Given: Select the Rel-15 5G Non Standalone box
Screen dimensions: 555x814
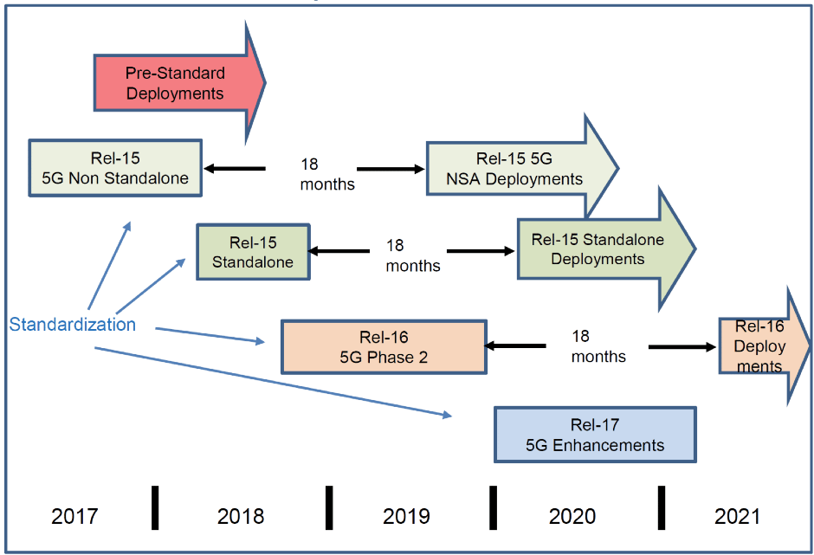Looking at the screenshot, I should tap(115, 169).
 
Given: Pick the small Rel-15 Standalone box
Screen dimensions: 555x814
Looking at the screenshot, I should tap(253, 251).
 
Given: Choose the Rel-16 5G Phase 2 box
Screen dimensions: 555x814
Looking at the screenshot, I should tap(383, 346).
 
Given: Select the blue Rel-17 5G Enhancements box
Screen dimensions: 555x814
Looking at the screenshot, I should tap(595, 435).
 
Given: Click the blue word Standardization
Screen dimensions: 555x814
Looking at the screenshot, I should tap(73, 325).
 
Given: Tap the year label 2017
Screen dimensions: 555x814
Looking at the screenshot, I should tap(74, 517).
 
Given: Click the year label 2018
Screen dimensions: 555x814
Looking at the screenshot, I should tap(241, 517).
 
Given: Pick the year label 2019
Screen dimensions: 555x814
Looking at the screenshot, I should tap(406, 517).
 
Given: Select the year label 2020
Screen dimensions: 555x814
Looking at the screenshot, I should tap(572, 517).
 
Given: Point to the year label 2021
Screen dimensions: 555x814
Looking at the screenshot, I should tap(737, 517).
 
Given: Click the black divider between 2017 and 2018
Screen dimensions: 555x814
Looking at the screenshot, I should tap(156, 507).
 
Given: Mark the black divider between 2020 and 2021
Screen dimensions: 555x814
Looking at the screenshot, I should tap(661, 507).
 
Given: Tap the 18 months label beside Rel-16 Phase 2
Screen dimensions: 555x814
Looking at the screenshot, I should tap(598, 345).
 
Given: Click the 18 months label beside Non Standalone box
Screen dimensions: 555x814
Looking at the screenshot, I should tap(327, 173).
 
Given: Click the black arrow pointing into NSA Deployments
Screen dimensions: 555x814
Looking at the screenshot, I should tap(391, 169).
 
